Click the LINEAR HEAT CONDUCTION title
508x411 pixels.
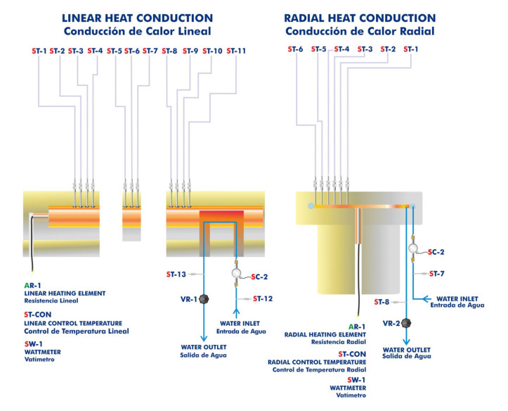pos(137,18)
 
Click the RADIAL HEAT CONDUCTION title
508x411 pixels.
pos(359,18)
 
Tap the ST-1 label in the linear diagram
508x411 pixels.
pos(39,51)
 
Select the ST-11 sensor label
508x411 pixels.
pos(236,51)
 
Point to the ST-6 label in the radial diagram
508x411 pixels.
pos(296,49)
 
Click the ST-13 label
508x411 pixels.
pos(176,274)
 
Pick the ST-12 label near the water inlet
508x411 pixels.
pos(262,298)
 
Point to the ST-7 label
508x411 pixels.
pos(436,273)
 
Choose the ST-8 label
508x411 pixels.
pos(382,302)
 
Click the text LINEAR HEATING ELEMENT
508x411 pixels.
pos(65,293)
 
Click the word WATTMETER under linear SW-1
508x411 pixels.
pos(44,350)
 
